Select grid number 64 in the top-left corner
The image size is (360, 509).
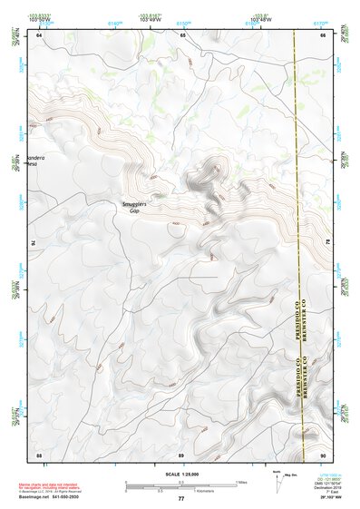click(39, 35)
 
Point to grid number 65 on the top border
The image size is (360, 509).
click(181, 35)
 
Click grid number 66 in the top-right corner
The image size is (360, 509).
click(324, 35)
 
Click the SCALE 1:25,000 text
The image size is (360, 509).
click(180, 474)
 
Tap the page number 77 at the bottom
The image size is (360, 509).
click(180, 499)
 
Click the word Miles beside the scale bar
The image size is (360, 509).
click(240, 482)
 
